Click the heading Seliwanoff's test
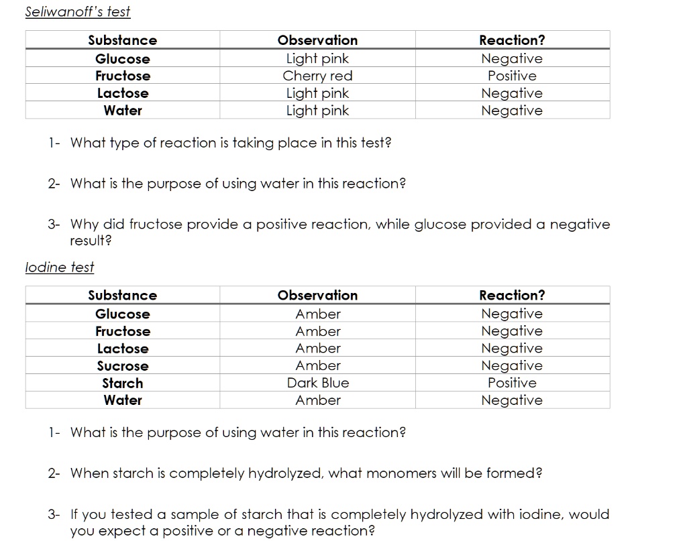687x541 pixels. (x=78, y=12)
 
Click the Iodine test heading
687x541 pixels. (x=59, y=267)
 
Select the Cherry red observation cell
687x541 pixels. (x=317, y=76)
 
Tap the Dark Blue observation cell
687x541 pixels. (x=318, y=383)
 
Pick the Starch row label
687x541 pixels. (x=123, y=383)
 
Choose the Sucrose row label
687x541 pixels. (x=123, y=366)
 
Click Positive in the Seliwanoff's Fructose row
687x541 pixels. (x=512, y=76)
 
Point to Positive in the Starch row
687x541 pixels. (x=512, y=383)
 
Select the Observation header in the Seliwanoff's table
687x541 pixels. (x=317, y=40)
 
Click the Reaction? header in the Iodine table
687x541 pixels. (x=512, y=296)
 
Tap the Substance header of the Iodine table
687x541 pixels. (x=123, y=296)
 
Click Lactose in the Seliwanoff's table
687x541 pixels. (x=123, y=93)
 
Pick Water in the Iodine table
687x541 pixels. (x=123, y=401)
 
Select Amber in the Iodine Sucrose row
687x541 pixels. (x=318, y=366)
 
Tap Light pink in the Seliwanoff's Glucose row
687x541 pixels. (x=317, y=58)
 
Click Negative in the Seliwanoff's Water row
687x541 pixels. (x=512, y=111)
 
